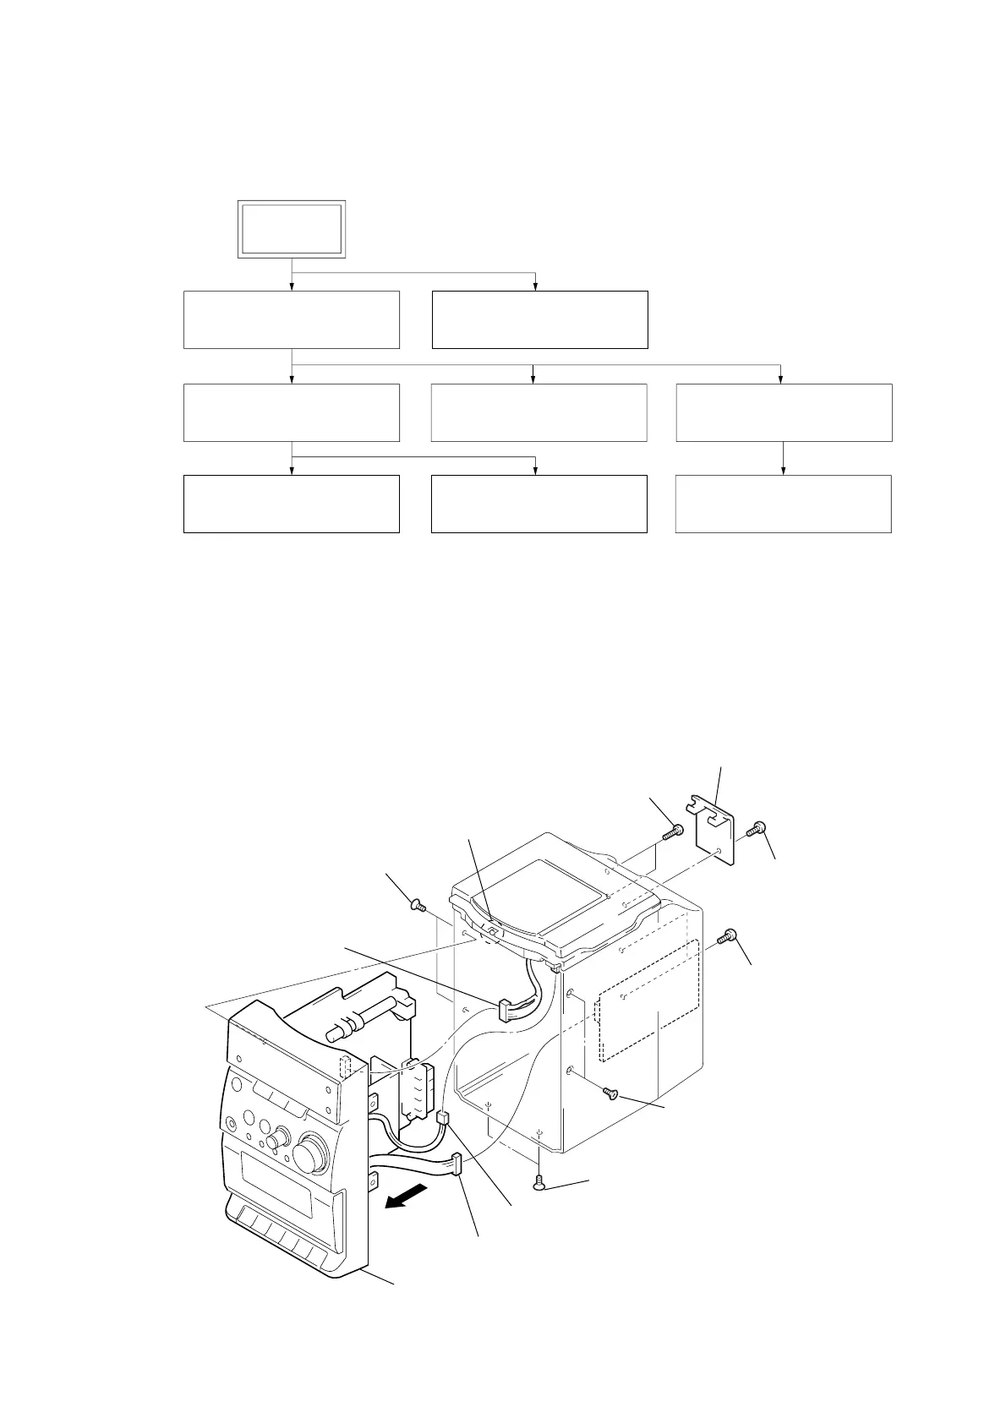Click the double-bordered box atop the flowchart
(292, 229)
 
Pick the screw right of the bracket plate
(755, 831)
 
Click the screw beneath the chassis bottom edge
(539, 1186)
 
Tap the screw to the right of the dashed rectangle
(728, 936)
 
